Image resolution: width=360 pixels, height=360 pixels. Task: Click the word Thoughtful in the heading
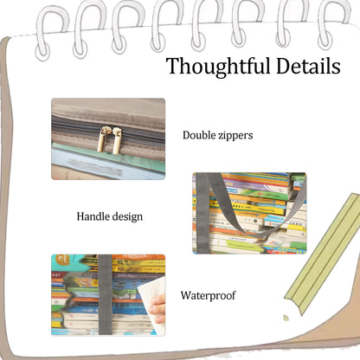click(219, 67)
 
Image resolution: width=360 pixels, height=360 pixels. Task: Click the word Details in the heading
click(308, 66)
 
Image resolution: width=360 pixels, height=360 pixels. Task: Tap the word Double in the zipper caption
click(199, 135)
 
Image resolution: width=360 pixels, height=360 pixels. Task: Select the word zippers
click(235, 136)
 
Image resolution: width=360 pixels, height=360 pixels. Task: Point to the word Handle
click(93, 216)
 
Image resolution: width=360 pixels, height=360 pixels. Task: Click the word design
click(127, 217)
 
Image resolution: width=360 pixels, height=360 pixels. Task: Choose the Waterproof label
click(208, 295)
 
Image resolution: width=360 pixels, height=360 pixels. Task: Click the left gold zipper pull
click(102, 139)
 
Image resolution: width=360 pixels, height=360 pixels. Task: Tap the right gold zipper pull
click(117, 140)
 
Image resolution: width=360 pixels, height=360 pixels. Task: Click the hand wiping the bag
click(158, 309)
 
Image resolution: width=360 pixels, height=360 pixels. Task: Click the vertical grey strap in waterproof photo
click(105, 295)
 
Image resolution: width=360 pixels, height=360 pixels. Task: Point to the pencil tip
click(286, 318)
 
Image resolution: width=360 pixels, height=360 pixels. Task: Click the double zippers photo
click(108, 138)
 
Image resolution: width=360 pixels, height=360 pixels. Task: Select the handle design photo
click(249, 213)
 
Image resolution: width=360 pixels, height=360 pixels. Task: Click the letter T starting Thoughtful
click(174, 66)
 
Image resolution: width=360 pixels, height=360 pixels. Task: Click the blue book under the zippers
click(104, 163)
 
